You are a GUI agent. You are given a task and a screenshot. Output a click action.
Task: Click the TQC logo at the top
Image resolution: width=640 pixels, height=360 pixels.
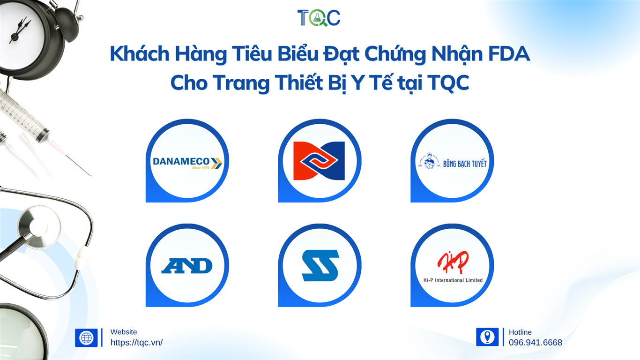[319, 18]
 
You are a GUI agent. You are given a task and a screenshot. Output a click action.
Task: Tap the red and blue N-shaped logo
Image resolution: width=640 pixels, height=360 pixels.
[319, 161]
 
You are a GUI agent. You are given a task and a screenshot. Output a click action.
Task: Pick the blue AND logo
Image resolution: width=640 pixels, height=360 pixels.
[187, 266]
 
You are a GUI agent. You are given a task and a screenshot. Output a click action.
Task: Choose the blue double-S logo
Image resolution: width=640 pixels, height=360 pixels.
[320, 265]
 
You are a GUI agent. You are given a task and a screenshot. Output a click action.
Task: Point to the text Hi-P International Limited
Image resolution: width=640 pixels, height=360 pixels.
[453, 280]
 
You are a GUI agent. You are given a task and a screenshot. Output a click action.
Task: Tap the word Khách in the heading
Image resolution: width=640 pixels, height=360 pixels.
[140, 53]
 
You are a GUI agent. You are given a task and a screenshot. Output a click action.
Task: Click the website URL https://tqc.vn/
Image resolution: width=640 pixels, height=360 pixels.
[136, 342]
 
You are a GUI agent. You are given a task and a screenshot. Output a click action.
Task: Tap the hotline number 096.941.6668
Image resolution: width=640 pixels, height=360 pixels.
[536, 342]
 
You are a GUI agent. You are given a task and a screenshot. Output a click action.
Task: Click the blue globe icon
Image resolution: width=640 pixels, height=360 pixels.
[86, 337]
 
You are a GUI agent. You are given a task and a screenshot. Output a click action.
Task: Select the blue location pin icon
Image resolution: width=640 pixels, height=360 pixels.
[487, 337]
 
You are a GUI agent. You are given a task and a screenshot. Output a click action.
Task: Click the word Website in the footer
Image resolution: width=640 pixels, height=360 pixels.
[124, 332]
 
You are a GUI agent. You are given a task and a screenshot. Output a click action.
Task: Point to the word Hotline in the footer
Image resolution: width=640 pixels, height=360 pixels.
[520, 332]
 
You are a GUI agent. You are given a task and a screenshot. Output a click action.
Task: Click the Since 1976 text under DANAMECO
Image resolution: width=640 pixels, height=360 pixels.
[201, 167]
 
